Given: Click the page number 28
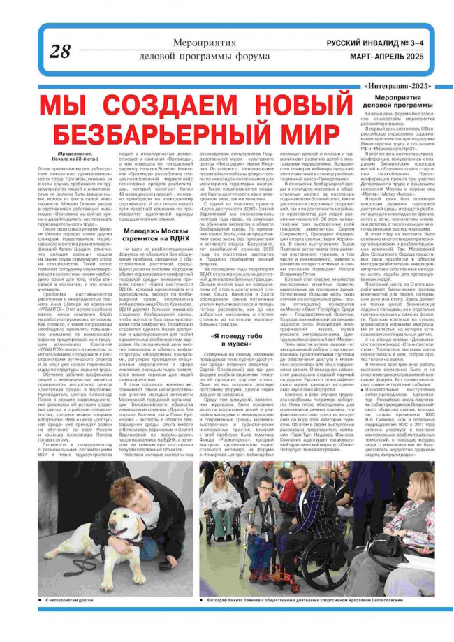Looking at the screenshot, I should [x=61, y=50].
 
